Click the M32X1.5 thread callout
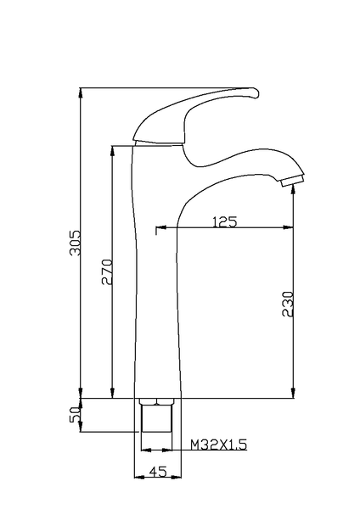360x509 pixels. point(218,444)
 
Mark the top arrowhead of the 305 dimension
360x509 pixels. point(81,91)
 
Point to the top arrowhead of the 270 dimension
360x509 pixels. point(113,150)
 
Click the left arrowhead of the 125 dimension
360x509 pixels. point(155,228)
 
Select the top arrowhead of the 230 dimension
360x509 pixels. point(294,187)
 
